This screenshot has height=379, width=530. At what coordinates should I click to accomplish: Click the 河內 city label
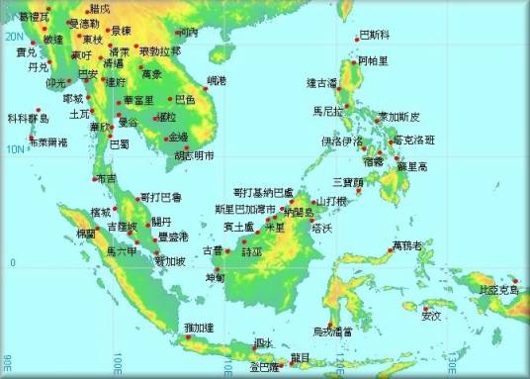pyautogui.click(x=190, y=32)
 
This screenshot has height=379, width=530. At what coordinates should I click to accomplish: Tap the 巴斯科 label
pyautogui.click(x=374, y=35)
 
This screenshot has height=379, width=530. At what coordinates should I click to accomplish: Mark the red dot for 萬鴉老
pyautogui.click(x=393, y=250)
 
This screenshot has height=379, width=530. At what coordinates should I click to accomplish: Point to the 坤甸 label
pyautogui.click(x=216, y=278)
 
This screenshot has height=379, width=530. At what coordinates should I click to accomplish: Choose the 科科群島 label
pyautogui.click(x=28, y=118)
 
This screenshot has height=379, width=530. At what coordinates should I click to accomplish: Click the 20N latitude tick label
pyautogui.click(x=11, y=36)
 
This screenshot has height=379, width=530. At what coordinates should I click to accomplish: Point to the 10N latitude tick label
pyautogui.click(x=11, y=149)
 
